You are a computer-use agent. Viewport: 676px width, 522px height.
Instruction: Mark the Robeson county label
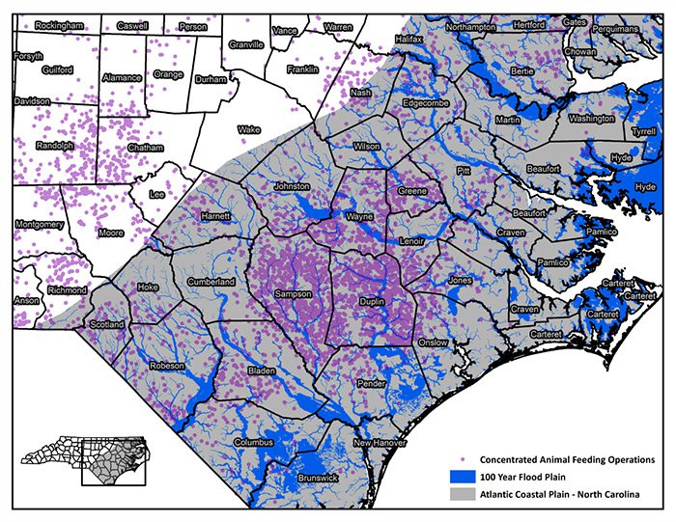click(165, 366)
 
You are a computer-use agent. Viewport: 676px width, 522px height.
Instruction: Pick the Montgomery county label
click(40, 224)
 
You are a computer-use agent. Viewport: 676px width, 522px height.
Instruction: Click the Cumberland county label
click(211, 282)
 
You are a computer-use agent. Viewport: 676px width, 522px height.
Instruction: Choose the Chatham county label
click(145, 148)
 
